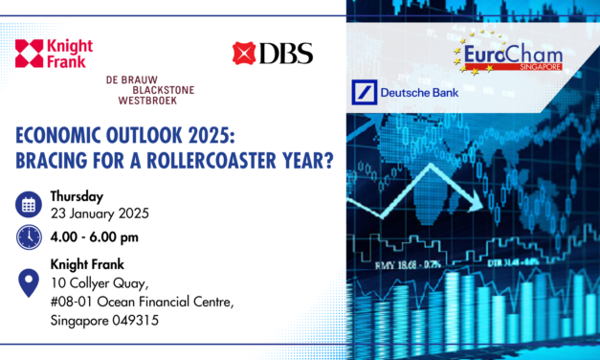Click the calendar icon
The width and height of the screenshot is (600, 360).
[29, 204]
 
